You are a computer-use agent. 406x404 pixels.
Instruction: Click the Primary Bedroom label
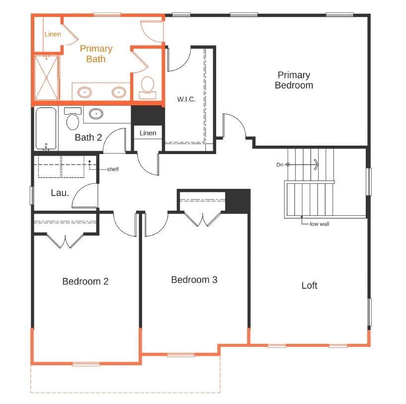click(294, 80)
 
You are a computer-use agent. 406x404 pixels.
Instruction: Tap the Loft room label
click(309, 285)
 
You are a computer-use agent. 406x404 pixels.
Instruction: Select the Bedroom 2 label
click(85, 281)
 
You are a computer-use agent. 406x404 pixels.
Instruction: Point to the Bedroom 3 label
click(194, 280)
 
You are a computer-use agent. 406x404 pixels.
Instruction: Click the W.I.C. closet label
click(186, 99)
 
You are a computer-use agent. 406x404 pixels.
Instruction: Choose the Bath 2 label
click(88, 137)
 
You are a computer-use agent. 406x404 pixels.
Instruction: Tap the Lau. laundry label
click(60, 192)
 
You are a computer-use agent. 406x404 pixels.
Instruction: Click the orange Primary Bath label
click(96, 54)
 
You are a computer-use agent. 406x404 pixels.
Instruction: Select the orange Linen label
click(53, 34)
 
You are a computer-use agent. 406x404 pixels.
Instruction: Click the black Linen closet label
click(148, 133)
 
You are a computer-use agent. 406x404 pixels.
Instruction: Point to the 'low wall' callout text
click(319, 224)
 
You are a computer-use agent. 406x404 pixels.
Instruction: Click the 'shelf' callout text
click(113, 169)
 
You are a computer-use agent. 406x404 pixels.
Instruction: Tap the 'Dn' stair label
click(280, 164)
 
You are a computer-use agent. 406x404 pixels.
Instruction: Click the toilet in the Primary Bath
click(147, 86)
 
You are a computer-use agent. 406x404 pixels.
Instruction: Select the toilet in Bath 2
click(73, 119)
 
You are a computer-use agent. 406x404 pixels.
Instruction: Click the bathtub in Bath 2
click(46, 129)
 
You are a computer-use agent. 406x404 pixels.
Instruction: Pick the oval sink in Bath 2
click(96, 114)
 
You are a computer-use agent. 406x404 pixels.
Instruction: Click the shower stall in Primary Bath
click(47, 77)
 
